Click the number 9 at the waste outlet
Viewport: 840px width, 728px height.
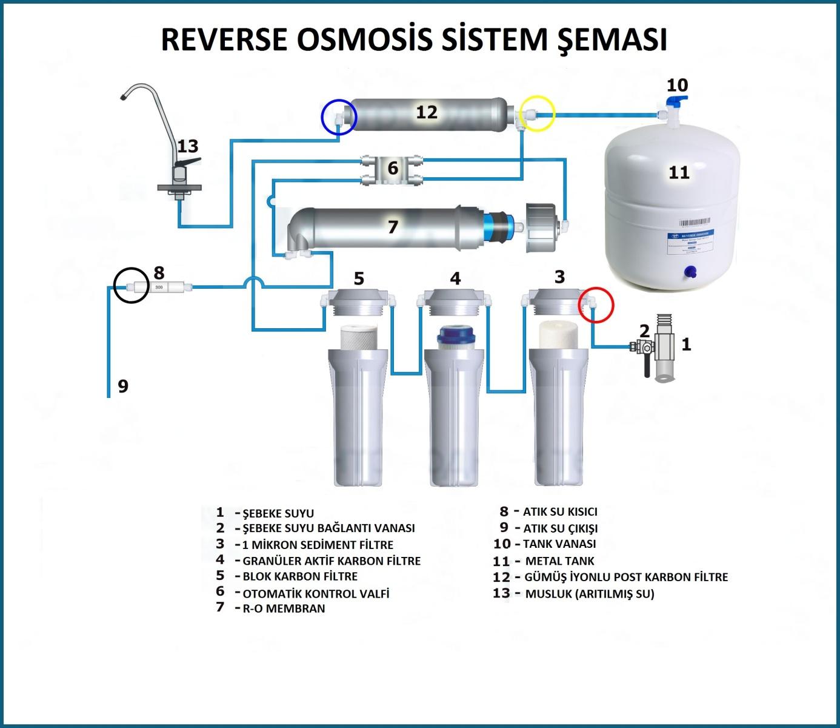click(123, 386)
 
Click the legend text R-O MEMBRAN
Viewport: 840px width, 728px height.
click(284, 608)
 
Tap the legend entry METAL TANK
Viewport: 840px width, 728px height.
click(559, 561)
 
